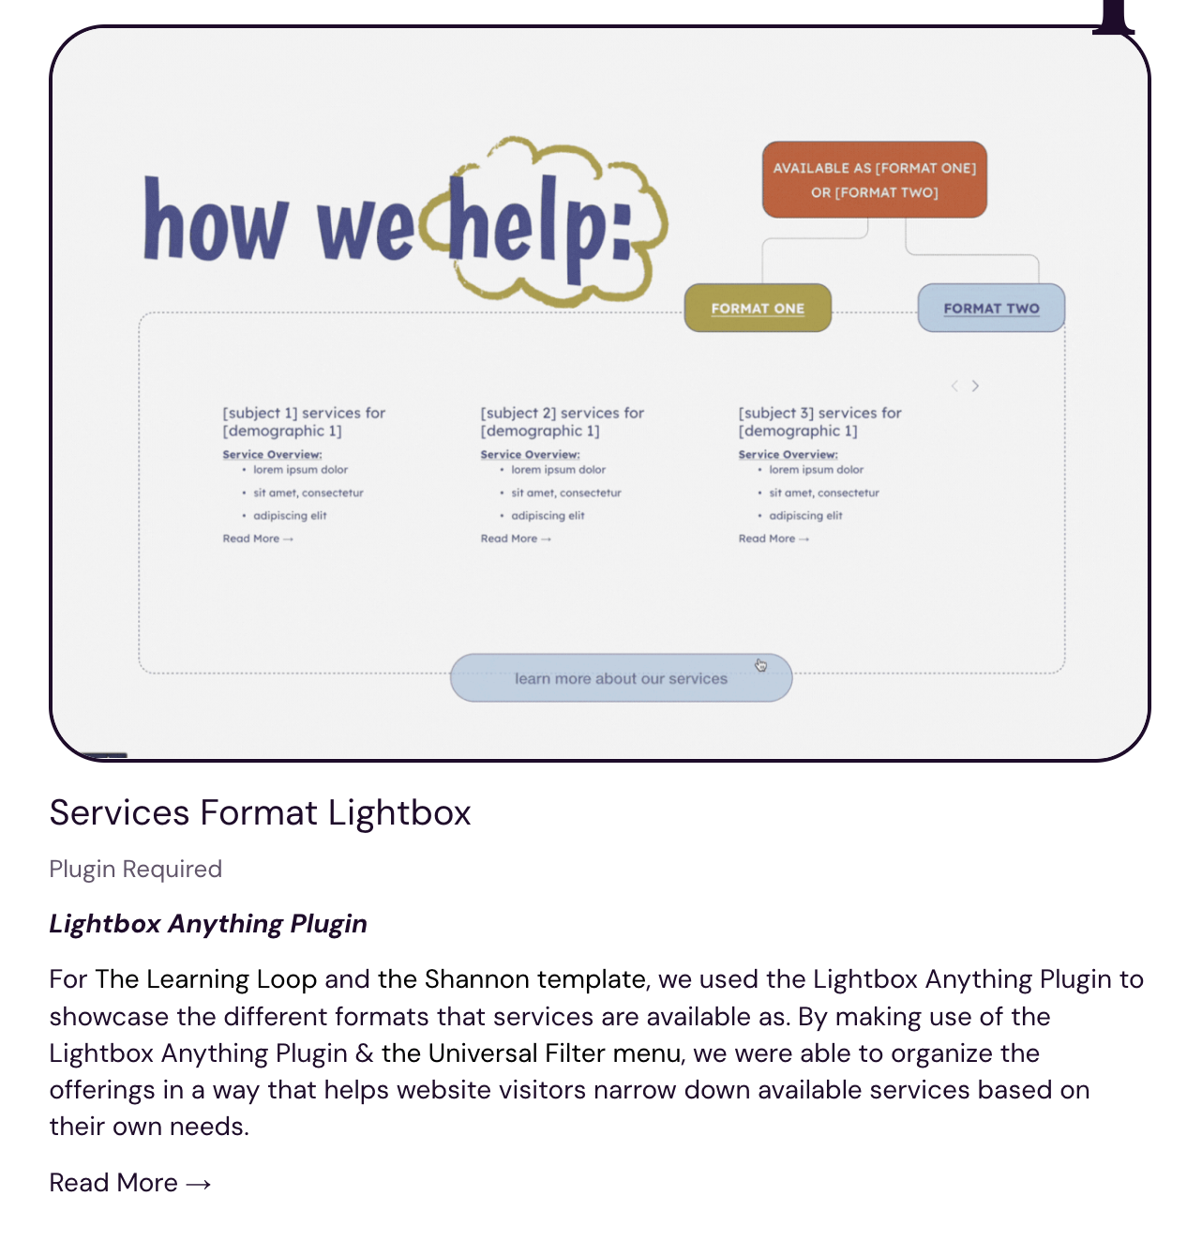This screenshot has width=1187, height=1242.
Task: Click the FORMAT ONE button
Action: tap(757, 308)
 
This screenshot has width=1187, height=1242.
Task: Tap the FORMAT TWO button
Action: tap(990, 308)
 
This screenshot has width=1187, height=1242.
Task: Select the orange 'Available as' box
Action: tap(874, 180)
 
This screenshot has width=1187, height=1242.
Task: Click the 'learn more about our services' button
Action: tap(621, 678)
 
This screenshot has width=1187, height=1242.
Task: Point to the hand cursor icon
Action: tap(761, 665)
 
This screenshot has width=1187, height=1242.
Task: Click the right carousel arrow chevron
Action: tap(974, 386)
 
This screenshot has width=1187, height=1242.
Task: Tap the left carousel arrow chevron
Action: tap(954, 386)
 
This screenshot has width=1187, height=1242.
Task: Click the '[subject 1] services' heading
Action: tap(304, 422)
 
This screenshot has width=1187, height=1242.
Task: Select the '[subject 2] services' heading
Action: tap(562, 422)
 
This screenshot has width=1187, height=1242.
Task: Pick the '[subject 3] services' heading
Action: tap(819, 422)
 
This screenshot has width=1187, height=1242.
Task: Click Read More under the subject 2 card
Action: tap(516, 538)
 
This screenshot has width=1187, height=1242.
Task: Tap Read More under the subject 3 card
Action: tap(774, 538)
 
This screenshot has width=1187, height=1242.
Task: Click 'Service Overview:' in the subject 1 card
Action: tap(272, 454)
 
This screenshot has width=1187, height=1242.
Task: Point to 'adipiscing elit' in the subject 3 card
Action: tap(805, 516)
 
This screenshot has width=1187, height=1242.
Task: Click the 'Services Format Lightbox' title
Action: tap(261, 812)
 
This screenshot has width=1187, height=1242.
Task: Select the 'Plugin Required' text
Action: tap(136, 870)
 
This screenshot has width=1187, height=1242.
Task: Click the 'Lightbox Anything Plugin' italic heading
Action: tap(208, 923)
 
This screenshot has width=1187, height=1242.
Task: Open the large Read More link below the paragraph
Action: tap(130, 1183)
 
